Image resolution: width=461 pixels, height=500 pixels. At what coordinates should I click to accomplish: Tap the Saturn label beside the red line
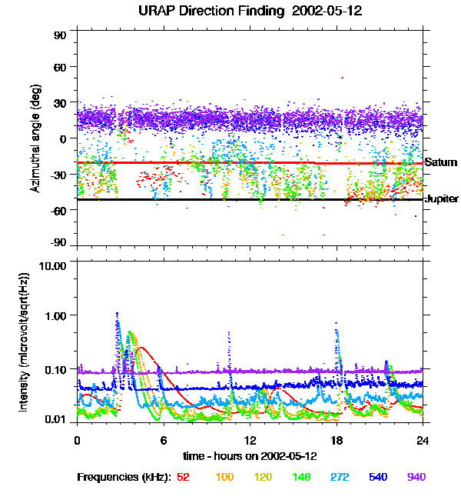coord(441,162)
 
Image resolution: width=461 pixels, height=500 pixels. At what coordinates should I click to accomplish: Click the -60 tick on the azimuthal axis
coord(58,209)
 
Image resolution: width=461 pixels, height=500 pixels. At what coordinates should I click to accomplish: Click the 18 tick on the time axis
coord(337,440)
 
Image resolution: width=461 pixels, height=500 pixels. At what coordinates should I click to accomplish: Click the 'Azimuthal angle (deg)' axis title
coord(35,138)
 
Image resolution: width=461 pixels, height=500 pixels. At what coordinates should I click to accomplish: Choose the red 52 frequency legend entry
coord(183,477)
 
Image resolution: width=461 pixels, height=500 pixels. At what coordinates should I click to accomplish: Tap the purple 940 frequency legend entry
coord(416,477)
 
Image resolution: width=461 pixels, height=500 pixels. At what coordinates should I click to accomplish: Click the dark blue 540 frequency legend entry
coord(376,477)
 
